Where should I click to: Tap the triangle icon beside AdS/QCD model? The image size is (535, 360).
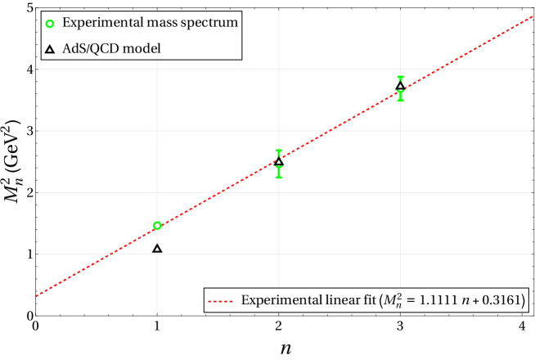[49, 49]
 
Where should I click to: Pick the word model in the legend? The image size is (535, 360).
[145, 49]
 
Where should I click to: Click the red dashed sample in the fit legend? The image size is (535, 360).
[221, 301]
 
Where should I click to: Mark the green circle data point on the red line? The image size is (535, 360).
[157, 225]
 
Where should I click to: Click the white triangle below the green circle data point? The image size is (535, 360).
[157, 249]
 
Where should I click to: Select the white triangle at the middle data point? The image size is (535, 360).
[279, 163]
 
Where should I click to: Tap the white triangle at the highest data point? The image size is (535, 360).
[400, 86]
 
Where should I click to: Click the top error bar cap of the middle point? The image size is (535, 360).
[279, 151]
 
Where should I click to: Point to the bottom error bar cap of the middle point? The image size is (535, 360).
[279, 177]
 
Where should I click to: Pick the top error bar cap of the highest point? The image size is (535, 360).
[400, 77]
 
